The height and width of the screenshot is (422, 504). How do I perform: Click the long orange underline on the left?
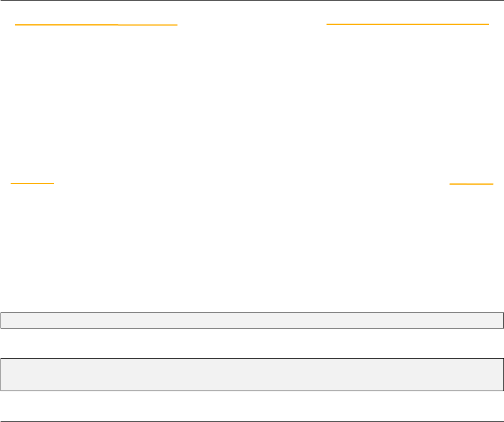(96, 25)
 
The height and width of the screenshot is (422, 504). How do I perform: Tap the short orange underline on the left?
(33, 183)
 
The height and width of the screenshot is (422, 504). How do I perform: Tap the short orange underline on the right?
(471, 184)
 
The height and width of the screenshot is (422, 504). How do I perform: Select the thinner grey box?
(252, 320)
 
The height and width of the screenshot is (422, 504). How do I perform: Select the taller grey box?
(252, 374)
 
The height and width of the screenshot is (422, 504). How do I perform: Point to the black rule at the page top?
(252, 1)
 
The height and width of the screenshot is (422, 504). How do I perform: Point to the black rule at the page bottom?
(252, 421)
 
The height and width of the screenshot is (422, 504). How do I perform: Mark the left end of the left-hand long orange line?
(15, 25)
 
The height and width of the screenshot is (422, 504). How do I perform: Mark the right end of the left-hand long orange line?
(177, 25)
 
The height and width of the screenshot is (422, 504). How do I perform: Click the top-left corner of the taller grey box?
(1, 359)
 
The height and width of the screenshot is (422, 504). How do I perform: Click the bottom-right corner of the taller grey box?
(503, 390)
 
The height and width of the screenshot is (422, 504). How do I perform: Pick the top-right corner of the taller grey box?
(503, 359)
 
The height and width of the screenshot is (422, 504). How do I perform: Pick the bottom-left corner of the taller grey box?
(1, 390)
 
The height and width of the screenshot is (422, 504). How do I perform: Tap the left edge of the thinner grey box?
(1, 320)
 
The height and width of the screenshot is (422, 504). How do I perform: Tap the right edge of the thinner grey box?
(503, 320)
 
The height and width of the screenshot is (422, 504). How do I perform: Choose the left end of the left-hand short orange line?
(11, 183)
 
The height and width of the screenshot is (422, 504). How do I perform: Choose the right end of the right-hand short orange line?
(493, 184)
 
